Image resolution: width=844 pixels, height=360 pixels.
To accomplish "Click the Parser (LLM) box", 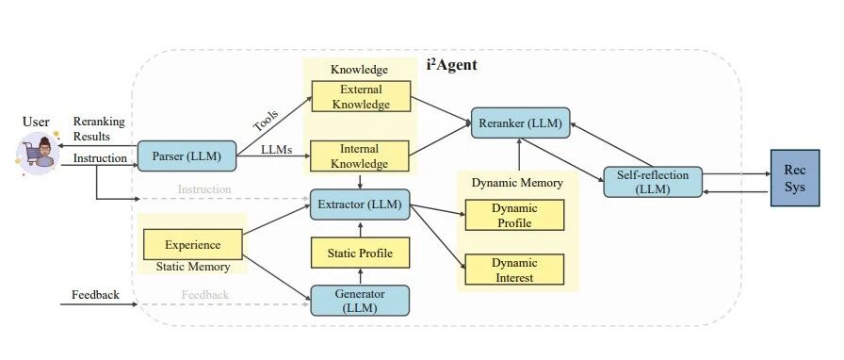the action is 187,156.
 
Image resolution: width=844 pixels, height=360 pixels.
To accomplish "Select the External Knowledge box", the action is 361,96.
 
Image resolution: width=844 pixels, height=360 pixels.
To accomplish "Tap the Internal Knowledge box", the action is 360,155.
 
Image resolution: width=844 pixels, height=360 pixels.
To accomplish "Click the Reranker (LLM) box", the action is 521,123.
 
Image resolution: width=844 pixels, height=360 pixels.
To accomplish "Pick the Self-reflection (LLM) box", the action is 653,182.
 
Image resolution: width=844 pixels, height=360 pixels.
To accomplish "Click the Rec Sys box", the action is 795,178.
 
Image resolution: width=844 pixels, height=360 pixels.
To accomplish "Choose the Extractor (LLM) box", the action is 360,205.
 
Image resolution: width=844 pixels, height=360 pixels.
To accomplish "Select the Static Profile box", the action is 360,253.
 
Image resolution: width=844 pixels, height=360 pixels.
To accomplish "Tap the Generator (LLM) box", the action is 360,301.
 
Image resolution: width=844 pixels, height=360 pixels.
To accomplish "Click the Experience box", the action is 193,245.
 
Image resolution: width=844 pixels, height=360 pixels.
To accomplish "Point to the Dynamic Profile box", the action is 514,215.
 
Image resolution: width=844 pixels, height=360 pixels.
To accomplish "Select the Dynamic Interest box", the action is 514,270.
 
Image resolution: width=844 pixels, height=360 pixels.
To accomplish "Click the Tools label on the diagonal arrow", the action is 266,121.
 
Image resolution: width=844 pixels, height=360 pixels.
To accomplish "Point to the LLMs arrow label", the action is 277,149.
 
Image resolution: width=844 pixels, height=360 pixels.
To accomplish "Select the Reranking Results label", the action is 99,129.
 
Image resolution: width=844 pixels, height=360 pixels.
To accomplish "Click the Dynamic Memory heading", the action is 517,183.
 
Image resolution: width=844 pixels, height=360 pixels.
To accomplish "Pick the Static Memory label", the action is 193,267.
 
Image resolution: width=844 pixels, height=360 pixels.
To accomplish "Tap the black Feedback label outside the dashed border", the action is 96,295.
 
